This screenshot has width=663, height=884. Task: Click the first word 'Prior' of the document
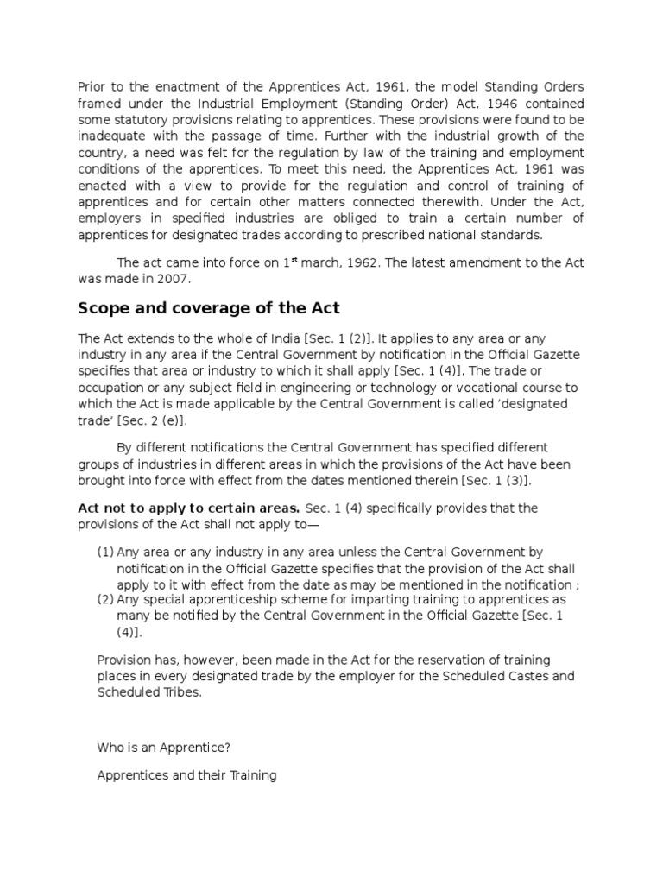pos(92,86)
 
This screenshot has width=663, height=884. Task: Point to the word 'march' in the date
pos(324,263)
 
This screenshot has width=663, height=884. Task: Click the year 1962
pos(366,263)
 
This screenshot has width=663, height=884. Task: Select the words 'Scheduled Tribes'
pos(148,692)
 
